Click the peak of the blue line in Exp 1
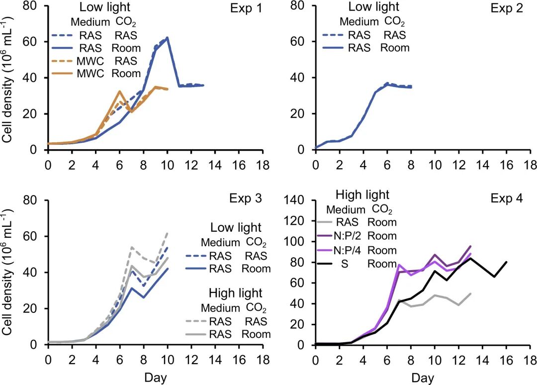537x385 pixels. pyautogui.click(x=168, y=38)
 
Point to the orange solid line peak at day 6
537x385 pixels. pyautogui.click(x=119, y=92)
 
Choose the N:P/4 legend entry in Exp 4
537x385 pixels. pyautogui.click(x=357, y=250)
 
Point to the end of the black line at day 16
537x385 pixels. pyautogui.click(x=507, y=262)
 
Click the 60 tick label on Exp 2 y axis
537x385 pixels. pyautogui.click(x=301, y=41)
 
